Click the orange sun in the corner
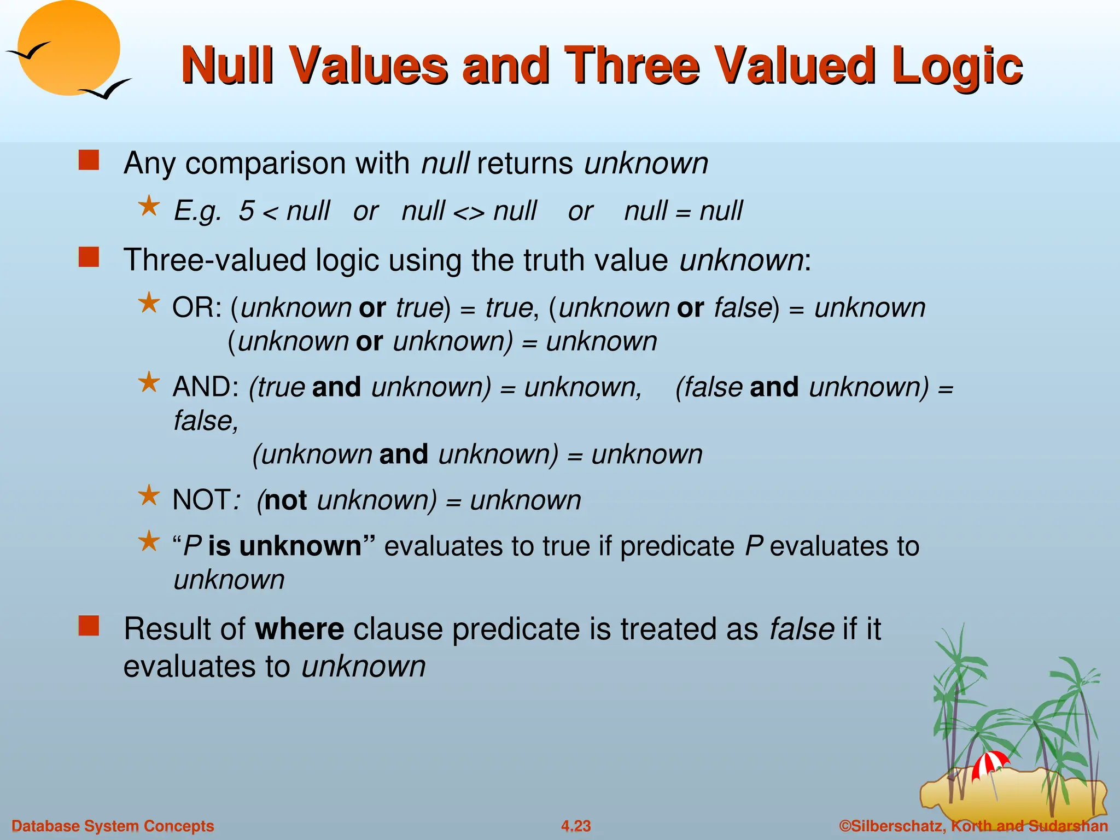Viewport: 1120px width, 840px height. click(68, 48)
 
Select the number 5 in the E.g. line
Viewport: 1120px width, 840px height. click(246, 211)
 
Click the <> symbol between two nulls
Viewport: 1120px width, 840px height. click(469, 212)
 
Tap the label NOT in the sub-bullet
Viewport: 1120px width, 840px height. click(201, 500)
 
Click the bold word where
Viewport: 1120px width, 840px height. click(299, 629)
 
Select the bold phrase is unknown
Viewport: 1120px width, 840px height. click(284, 546)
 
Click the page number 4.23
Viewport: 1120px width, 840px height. click(576, 826)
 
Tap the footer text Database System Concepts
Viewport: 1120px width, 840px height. click(113, 826)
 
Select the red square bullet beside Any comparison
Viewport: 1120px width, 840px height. click(89, 161)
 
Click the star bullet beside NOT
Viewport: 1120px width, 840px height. click(149, 496)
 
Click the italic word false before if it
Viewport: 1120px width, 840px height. click(801, 629)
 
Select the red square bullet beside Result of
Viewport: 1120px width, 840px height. click(89, 626)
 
